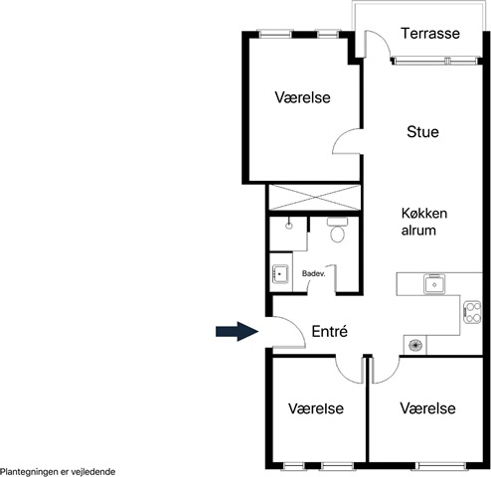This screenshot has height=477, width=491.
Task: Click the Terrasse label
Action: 430,34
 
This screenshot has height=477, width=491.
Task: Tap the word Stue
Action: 422,132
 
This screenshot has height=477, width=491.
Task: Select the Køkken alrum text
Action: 424,222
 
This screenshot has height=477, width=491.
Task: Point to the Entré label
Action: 330,331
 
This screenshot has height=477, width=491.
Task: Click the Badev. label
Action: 314,274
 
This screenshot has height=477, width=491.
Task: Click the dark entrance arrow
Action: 237,331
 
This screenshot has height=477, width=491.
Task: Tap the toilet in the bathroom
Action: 337,230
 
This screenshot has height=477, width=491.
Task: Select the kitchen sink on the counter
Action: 434,284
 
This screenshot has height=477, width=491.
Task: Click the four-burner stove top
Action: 472,312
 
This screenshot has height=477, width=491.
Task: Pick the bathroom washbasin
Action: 280,274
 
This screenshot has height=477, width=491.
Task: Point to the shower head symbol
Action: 289,225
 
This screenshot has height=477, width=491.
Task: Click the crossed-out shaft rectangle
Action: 314,198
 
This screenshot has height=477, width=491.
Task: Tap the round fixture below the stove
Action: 415,345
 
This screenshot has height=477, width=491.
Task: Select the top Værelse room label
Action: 302,97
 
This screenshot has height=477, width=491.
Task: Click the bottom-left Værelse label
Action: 316,408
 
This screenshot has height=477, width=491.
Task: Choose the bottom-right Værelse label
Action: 427,408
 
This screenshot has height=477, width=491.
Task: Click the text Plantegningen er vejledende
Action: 58,472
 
